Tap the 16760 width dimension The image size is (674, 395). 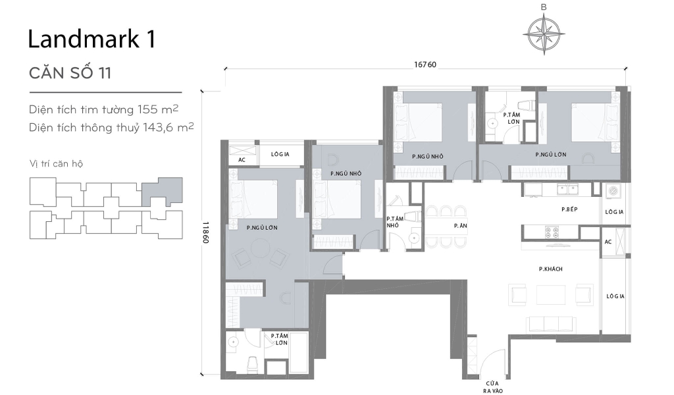(x=425, y=65)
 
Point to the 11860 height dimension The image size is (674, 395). (x=206, y=232)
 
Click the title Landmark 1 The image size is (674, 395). (x=91, y=39)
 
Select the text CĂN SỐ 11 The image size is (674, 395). (x=70, y=73)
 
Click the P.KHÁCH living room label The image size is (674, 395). (x=550, y=269)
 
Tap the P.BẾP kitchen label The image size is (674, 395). (x=569, y=209)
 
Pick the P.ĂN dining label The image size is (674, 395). (x=460, y=225)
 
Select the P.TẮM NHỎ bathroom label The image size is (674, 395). (x=394, y=222)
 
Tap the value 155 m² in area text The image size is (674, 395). (x=158, y=109)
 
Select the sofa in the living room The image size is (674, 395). (x=552, y=323)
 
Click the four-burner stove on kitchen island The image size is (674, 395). (x=550, y=232)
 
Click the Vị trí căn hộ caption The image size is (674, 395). (x=56, y=163)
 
